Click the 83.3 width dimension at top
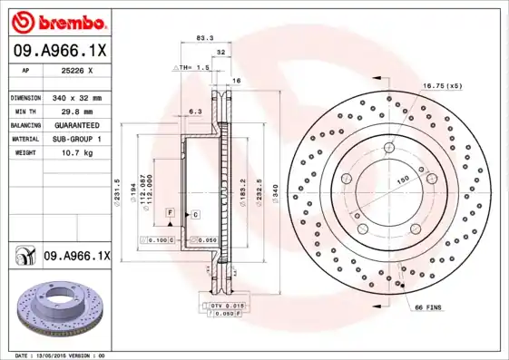coord(205,38)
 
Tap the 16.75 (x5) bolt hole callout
coord(442,85)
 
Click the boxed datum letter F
coord(169,211)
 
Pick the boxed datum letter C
coord(195,214)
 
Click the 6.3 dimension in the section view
coord(193,112)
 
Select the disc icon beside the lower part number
coord(23,257)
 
